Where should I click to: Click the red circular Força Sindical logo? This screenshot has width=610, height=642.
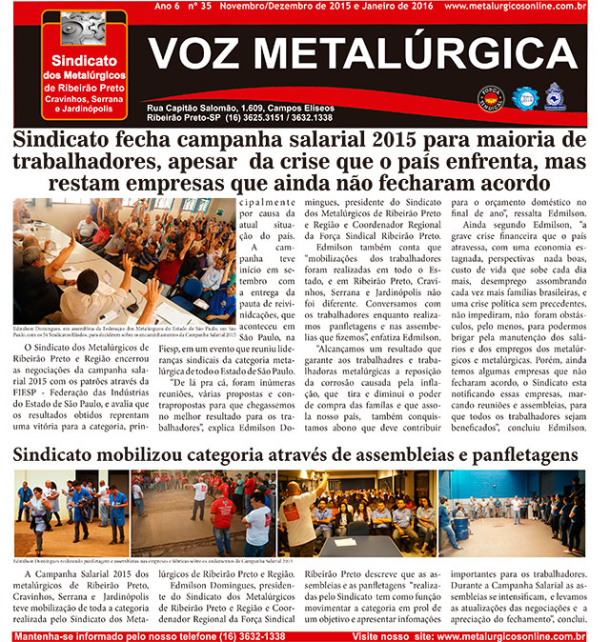pyautogui.click(x=490, y=96)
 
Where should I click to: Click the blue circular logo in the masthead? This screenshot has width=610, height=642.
pyautogui.click(x=522, y=96)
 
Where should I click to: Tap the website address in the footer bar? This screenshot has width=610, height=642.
pyautogui.click(x=516, y=635)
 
